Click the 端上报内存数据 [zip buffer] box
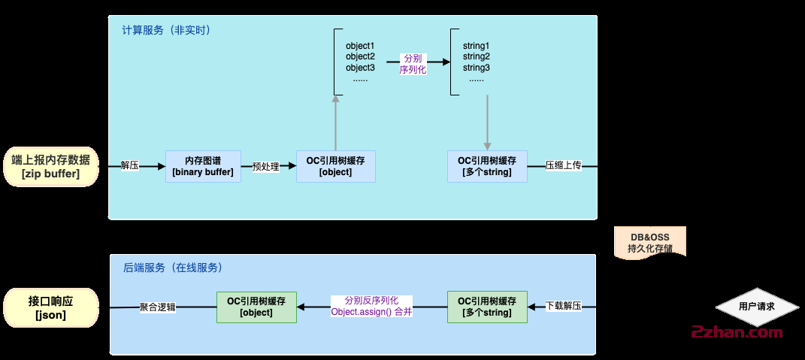point(51,166)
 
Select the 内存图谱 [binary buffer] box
point(203,166)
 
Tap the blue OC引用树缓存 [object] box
point(335,166)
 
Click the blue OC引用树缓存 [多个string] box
point(486,166)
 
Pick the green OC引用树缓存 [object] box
point(256,307)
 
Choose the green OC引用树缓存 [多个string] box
point(486,307)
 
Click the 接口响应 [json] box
point(51,307)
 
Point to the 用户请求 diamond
point(756,307)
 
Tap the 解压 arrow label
point(129,166)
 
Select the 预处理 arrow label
point(265,166)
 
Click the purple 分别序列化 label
point(413,63)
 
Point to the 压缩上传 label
point(563,166)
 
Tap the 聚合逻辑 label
point(157,307)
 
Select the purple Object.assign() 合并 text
point(371,311)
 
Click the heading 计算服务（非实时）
point(166,31)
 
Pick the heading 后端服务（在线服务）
point(172,267)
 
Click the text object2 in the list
point(360,56)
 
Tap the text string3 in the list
point(477,68)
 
